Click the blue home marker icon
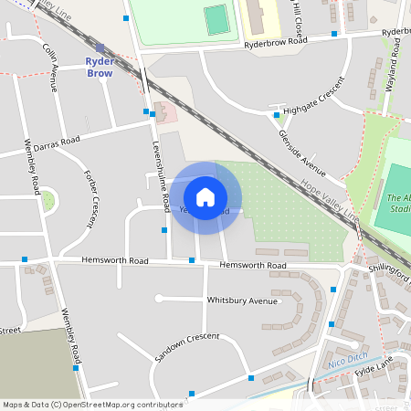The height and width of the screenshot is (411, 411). click(205, 196)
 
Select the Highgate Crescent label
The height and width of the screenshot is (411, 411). click(314, 98)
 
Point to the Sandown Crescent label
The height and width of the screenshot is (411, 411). click(187, 348)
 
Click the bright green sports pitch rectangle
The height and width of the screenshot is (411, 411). click(216, 19)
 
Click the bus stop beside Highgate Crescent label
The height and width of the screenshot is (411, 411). click(277, 115)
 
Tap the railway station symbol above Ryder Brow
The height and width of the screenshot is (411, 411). click(100, 47)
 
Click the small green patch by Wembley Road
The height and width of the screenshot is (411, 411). click(47, 199)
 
